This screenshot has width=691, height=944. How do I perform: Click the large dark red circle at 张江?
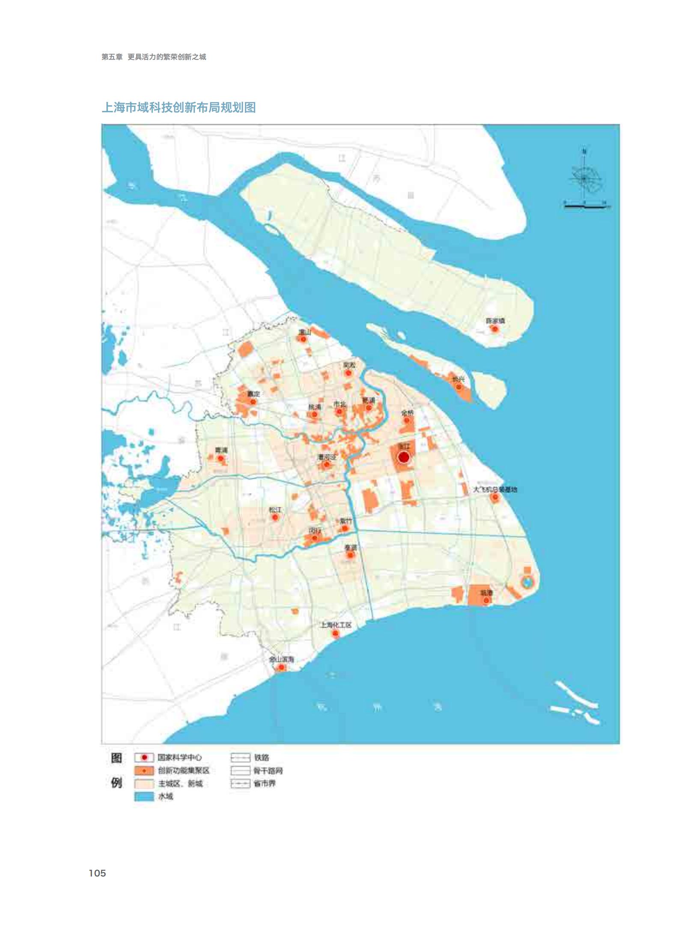click(x=403, y=457)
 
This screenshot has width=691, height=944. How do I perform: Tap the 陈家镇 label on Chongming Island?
click(x=495, y=321)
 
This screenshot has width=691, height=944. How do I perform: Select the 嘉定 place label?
click(x=253, y=393)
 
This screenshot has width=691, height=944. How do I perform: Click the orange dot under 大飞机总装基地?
click(x=495, y=497)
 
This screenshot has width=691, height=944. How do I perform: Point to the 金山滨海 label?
click(x=281, y=660)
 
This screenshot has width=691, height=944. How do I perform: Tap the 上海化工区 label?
click(x=336, y=625)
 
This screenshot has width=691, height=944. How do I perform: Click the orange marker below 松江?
click(x=275, y=517)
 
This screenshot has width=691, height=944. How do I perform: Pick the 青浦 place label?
click(x=221, y=450)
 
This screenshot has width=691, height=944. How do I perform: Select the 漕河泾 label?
click(x=327, y=457)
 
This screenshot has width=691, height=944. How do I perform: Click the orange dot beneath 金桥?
click(x=407, y=420)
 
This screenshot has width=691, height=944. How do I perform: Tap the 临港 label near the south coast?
click(x=486, y=593)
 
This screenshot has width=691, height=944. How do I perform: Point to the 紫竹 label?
click(x=345, y=521)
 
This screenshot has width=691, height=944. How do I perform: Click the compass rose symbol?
click(x=584, y=179)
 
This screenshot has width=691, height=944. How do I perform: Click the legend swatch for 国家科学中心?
click(x=144, y=757)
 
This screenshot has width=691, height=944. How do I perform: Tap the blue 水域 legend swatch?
click(x=144, y=796)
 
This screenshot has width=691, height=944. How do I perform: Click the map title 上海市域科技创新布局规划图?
click(x=179, y=107)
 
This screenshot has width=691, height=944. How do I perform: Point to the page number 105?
click(x=97, y=873)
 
